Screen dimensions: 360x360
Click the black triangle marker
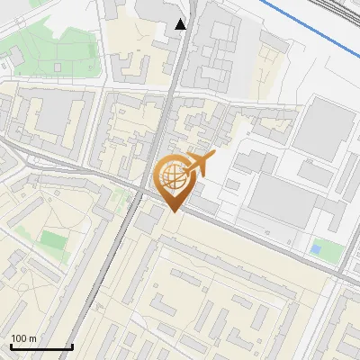[x=181, y=24]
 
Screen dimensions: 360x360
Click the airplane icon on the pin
[x=198, y=165]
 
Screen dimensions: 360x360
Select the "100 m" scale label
[x=24, y=338]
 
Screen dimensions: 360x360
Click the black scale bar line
[x=40, y=347]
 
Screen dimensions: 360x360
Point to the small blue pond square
[x=314, y=247]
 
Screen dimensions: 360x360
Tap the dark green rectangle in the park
[x=54, y=241]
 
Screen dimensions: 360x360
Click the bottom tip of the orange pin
[x=173, y=212]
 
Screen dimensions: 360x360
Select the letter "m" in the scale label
[x=32, y=338]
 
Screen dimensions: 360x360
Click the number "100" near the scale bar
[x=20, y=338]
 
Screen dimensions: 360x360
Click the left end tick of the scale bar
[x=10, y=346]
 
